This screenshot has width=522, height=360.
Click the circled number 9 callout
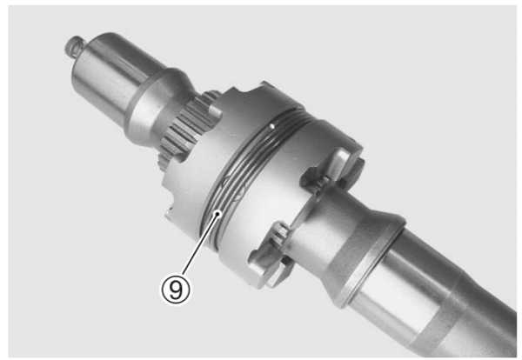(176, 290)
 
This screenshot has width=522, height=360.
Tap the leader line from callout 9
(199, 245)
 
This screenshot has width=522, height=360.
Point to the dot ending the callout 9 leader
(217, 213)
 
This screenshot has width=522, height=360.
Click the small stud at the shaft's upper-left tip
(74, 45)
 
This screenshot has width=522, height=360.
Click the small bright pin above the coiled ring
(272, 126)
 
